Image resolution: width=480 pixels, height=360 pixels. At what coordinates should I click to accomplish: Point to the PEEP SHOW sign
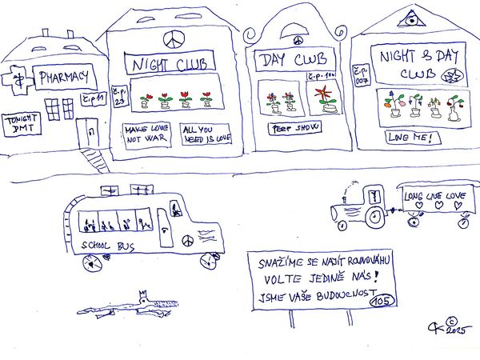coord(285,129)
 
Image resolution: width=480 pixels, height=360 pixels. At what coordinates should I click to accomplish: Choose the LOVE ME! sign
coord(412,138)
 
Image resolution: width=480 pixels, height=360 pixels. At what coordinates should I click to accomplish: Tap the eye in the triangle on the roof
coord(410,16)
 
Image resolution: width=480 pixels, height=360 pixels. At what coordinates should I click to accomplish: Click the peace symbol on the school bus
coord(186,239)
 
